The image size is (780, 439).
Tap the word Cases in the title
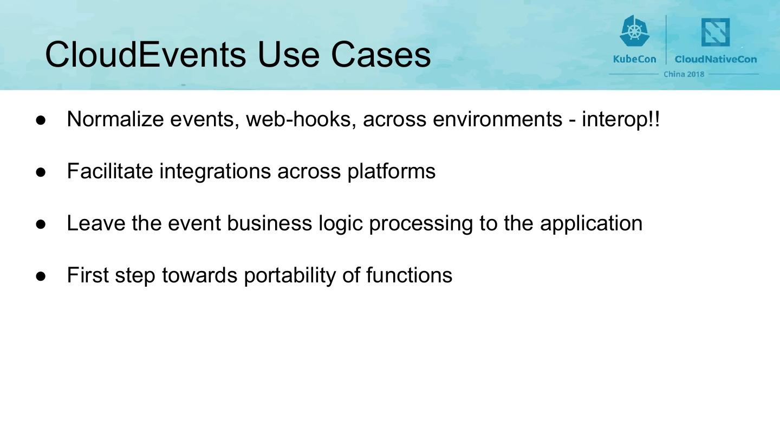380,54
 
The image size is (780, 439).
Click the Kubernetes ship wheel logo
634,31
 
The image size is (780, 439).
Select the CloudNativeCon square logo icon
716,33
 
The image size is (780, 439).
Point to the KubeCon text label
634,59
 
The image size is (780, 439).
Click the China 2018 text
684,74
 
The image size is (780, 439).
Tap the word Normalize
115,119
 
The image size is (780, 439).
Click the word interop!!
621,119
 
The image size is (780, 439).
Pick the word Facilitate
110,171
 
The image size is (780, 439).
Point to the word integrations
215,171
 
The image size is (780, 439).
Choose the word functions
409,275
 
